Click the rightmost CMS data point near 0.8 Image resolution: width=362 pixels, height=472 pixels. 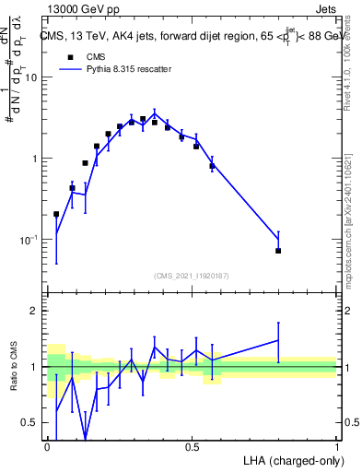(x=278, y=251)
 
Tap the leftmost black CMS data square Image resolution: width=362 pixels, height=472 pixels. (x=56, y=214)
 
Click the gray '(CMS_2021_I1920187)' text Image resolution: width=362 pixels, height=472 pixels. (x=192, y=276)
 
